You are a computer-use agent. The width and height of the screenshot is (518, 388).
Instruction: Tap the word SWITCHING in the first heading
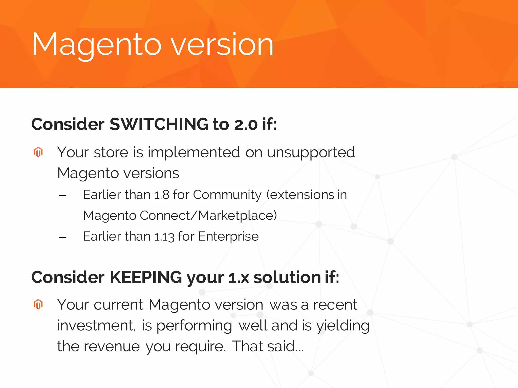[x=159, y=124]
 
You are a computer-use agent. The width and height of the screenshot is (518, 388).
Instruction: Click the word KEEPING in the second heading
[x=146, y=277]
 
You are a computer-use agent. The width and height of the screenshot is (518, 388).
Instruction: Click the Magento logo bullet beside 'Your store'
[x=38, y=152]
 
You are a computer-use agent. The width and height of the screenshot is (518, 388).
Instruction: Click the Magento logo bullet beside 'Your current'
[x=38, y=304]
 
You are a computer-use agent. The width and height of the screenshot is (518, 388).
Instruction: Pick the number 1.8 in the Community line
[x=162, y=195]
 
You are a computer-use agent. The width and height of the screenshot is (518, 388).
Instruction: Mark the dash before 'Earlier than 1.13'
[x=62, y=237]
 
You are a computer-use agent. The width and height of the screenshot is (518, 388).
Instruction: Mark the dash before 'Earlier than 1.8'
[x=62, y=196]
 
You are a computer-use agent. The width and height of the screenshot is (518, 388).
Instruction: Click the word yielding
[x=343, y=326]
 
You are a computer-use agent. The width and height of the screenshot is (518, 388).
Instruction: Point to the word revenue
[x=112, y=346]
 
